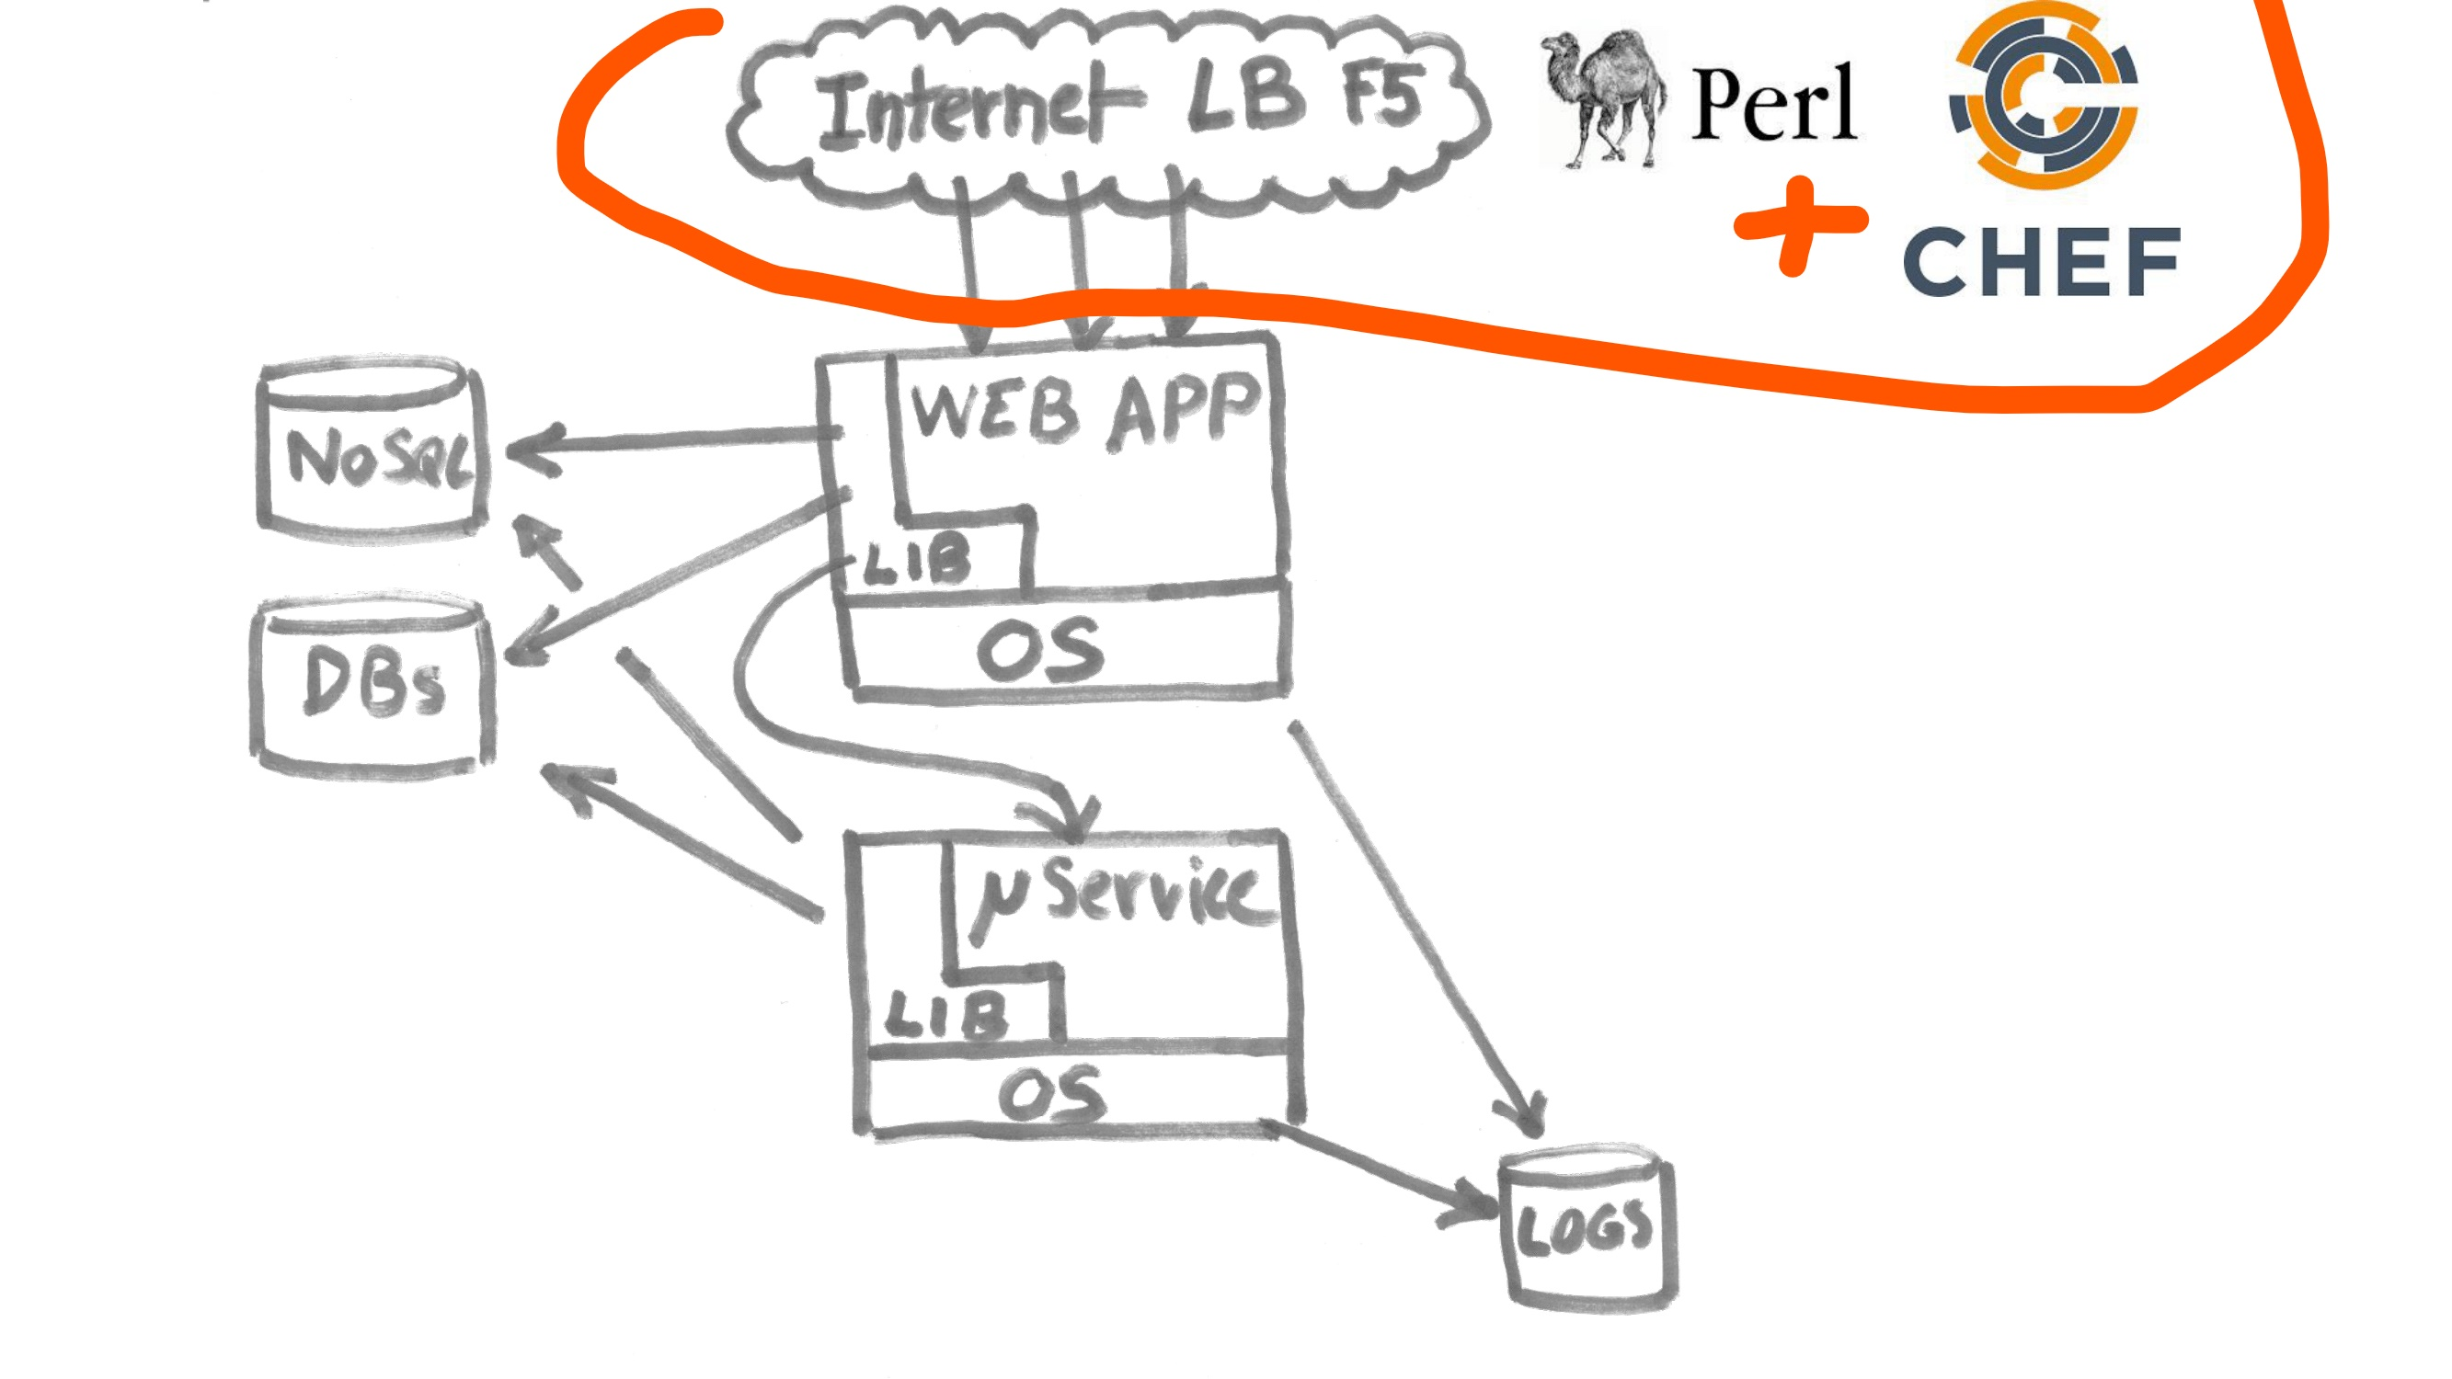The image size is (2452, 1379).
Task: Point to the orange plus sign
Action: coord(1799,224)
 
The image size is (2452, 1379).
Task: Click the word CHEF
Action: coord(2042,262)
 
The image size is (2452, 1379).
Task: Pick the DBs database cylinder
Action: coord(372,687)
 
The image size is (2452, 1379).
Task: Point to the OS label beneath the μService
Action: coord(1053,1094)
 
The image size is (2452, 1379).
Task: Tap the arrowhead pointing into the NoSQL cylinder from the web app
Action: coord(533,450)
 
